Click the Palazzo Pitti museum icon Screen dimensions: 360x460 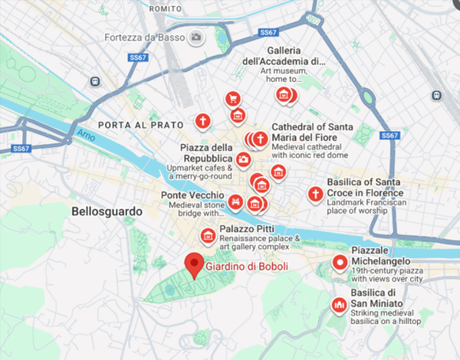(206, 235)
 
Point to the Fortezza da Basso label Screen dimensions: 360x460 (146, 37)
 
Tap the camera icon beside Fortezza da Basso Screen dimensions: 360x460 (197, 37)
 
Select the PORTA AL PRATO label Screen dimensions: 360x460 (141, 124)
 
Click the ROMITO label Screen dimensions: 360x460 (164, 8)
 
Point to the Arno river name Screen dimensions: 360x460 (84, 136)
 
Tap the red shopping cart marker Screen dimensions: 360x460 (232, 98)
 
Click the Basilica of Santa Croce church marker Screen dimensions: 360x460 (314, 195)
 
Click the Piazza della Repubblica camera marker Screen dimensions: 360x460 (243, 159)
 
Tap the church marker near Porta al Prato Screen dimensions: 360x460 (202, 121)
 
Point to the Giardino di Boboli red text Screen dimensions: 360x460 (246, 267)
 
